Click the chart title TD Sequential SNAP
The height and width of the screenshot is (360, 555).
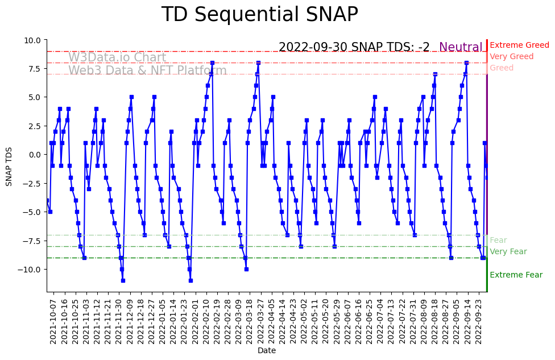(259, 15)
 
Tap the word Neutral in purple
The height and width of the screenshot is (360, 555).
(461, 47)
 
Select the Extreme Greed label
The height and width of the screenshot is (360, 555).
(519, 45)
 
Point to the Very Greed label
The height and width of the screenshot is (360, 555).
(511, 57)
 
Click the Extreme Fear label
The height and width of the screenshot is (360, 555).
(516, 275)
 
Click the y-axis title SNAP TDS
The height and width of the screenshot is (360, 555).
(9, 165)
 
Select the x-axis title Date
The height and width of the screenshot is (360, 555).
(267, 351)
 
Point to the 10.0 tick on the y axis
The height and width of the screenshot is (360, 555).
(32, 40)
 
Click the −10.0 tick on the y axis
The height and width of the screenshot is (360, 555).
(30, 269)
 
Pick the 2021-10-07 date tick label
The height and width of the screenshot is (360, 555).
(53, 321)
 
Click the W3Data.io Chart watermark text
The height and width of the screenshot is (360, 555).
(117, 58)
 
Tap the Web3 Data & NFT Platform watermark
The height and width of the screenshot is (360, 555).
(147, 71)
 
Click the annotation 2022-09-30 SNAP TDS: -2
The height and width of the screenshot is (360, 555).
(354, 47)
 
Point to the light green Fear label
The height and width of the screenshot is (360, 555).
(498, 241)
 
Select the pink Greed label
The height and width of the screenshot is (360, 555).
(501, 68)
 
